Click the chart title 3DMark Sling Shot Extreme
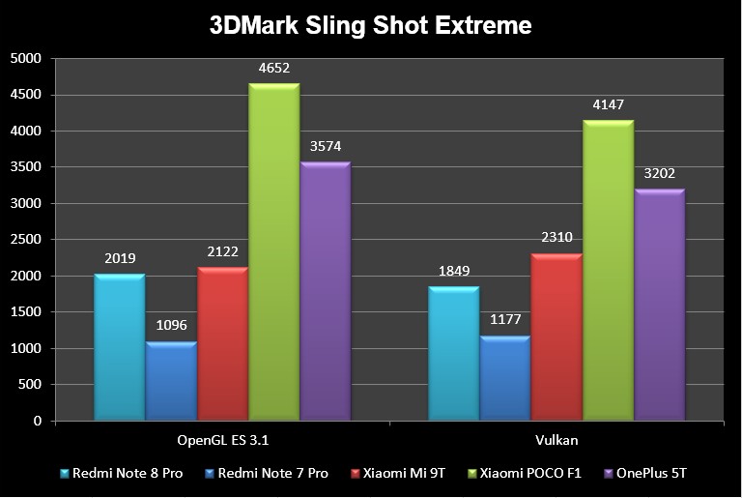[371, 25]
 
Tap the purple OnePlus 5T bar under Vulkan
[659, 306]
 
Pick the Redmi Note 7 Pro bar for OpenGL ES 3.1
[171, 382]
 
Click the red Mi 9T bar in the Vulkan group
[556, 338]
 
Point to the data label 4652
[274, 69]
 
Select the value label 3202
[659, 174]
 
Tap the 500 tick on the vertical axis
[32, 385]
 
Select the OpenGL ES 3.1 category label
[222, 440]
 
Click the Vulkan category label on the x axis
[556, 440]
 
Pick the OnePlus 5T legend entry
[648, 473]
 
